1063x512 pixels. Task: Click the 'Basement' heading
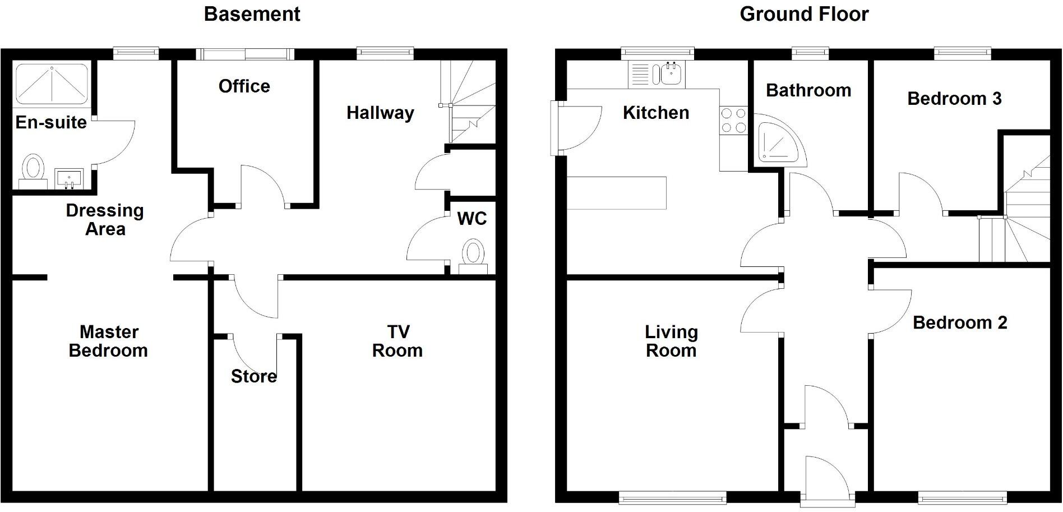click(252, 14)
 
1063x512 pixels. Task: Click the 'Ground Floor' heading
click(803, 14)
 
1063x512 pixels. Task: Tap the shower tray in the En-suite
click(51, 84)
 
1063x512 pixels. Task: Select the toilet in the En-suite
click(34, 168)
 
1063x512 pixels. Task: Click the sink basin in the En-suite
click(70, 179)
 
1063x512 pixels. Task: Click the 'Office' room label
click(244, 86)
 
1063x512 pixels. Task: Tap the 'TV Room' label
click(397, 341)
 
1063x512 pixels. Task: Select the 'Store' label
click(253, 376)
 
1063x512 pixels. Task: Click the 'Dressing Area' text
click(105, 220)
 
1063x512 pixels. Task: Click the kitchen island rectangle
click(616, 193)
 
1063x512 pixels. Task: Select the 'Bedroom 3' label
click(954, 99)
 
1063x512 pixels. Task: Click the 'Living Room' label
click(671, 341)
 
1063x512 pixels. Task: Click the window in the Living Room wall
click(672, 496)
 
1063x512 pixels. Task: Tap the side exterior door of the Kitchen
click(577, 128)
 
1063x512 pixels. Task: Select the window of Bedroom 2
click(962, 496)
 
